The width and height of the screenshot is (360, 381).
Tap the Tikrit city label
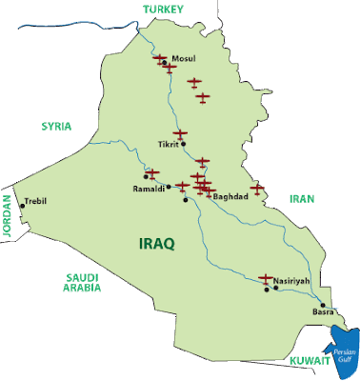(x=168, y=146)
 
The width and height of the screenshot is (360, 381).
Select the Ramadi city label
(x=148, y=189)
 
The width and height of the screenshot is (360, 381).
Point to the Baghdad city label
(x=231, y=196)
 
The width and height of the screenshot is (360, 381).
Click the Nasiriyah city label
(x=291, y=282)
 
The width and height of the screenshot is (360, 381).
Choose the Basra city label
(x=324, y=311)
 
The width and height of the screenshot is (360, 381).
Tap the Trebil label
(x=35, y=201)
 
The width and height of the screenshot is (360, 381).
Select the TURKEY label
(x=163, y=9)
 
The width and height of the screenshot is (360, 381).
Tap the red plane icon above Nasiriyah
(x=266, y=278)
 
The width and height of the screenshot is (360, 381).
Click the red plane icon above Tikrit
(x=180, y=133)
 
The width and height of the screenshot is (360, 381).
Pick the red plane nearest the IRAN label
(x=256, y=187)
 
